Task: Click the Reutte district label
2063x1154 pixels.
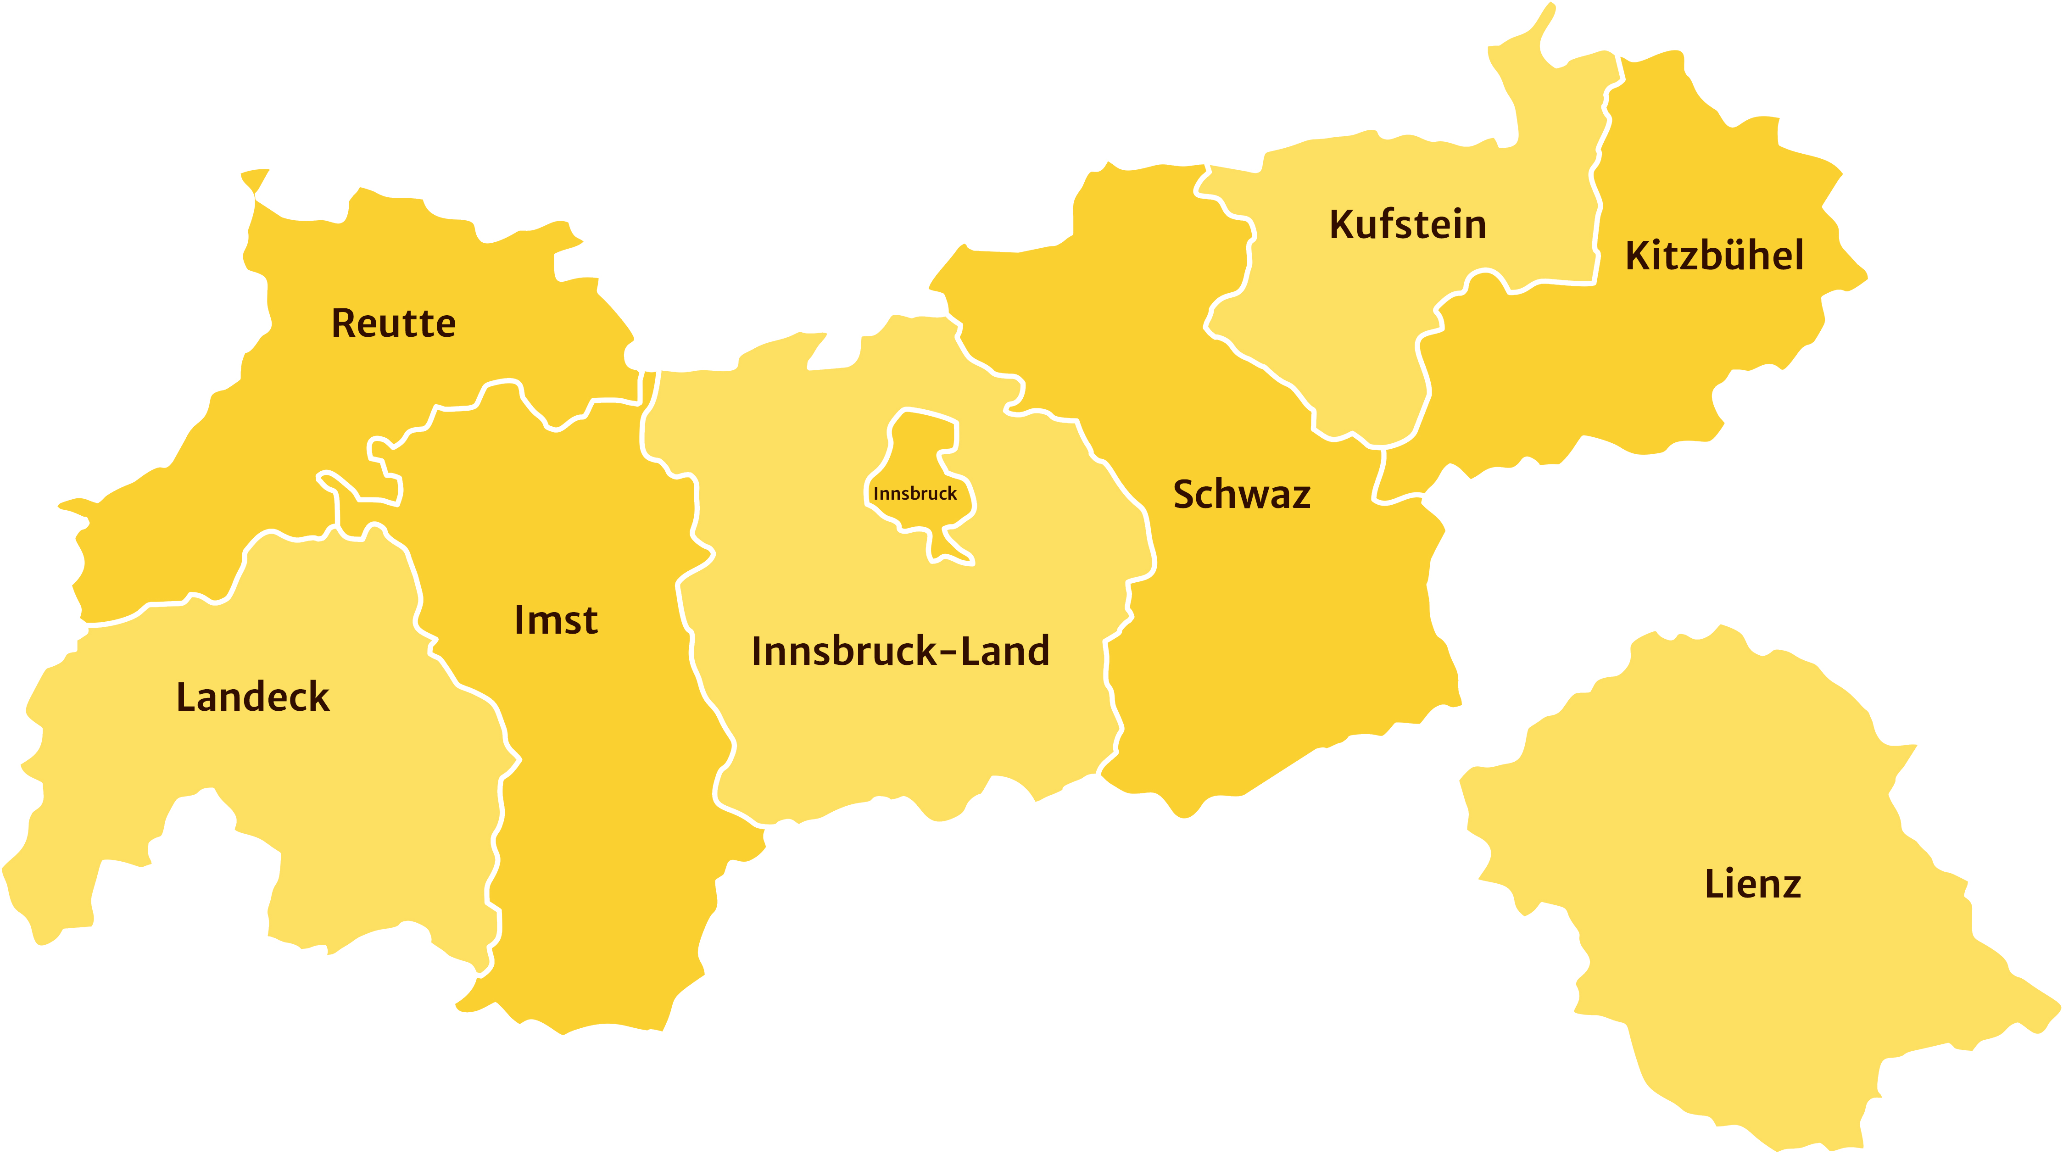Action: click(393, 323)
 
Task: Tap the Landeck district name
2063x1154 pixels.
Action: click(252, 697)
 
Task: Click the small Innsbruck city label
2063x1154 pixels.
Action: click(914, 493)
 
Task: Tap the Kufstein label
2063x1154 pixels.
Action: click(1407, 224)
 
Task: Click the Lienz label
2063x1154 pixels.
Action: click(1752, 884)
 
